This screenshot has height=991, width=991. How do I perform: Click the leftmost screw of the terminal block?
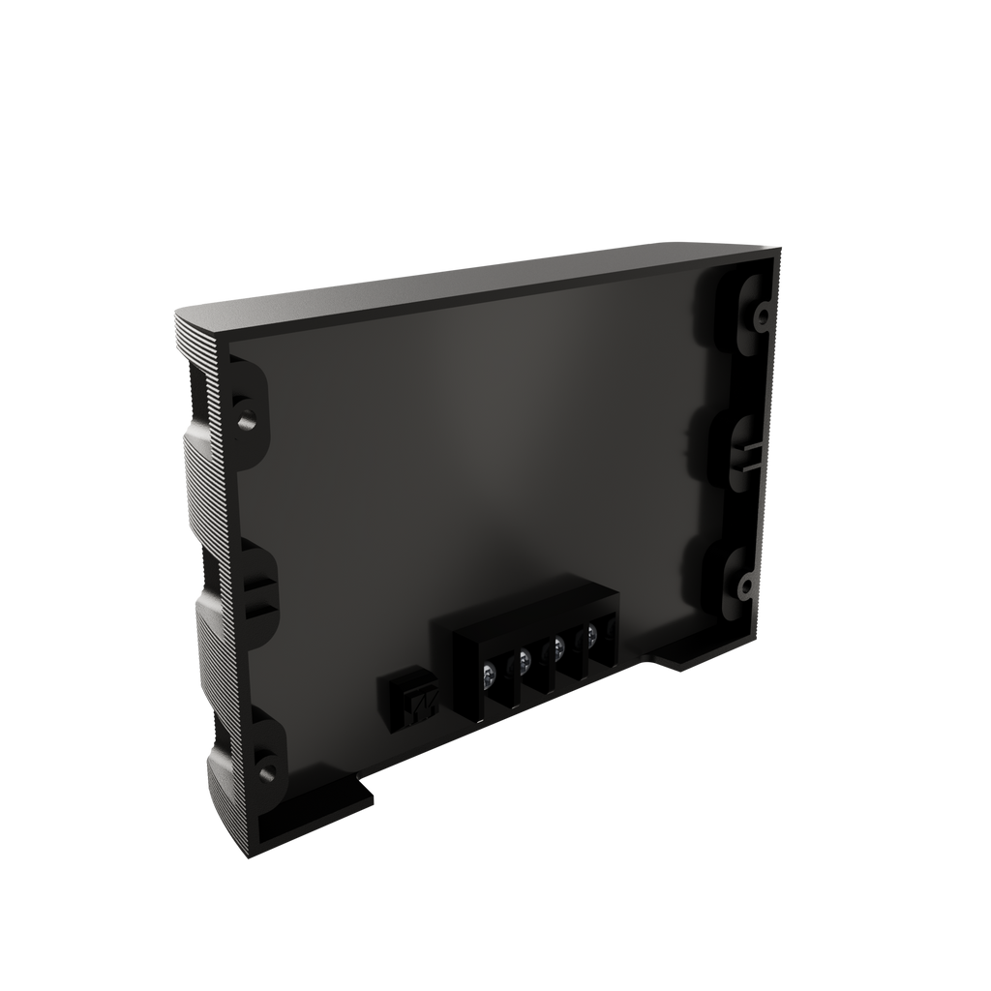(492, 671)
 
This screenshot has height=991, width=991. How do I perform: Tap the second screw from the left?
(525, 659)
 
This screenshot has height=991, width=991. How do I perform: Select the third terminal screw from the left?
(558, 646)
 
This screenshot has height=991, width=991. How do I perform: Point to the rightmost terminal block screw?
(590, 636)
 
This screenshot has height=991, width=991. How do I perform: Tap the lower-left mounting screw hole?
(265, 769)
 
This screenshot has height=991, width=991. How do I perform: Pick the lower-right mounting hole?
(745, 586)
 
